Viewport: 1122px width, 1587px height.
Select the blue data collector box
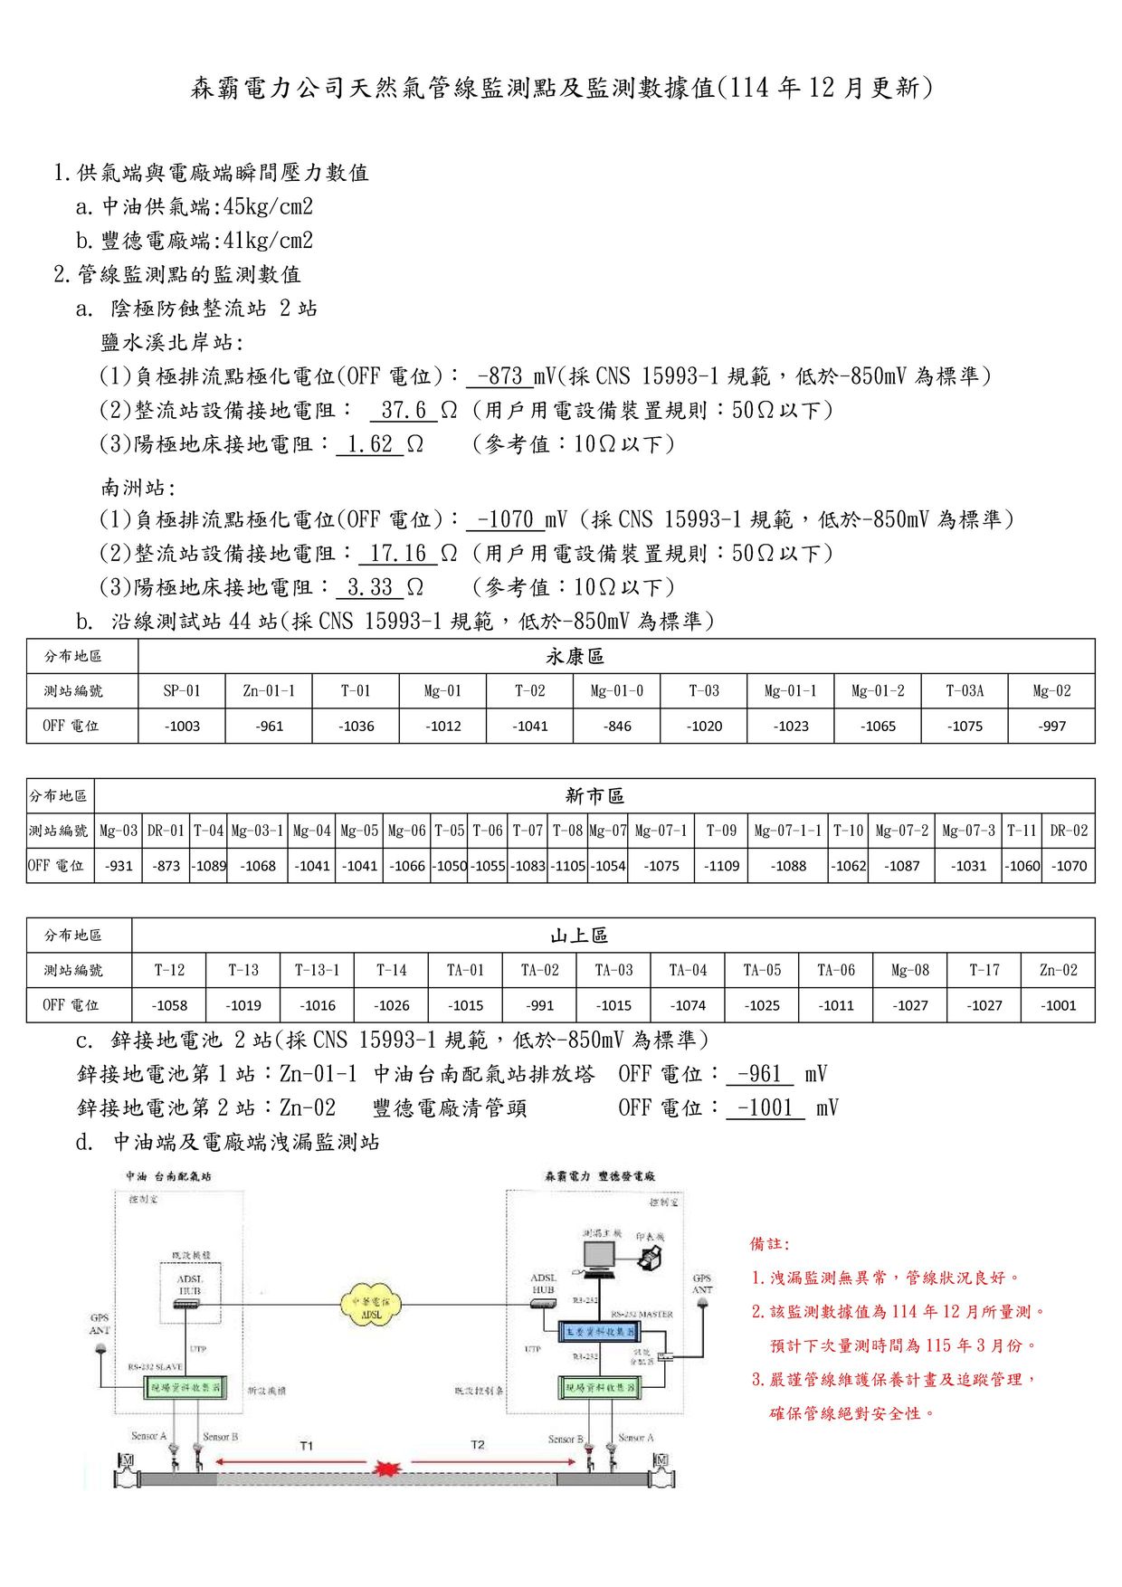(600, 1332)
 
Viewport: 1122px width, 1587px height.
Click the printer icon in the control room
(650, 1257)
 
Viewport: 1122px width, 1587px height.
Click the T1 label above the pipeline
(307, 1446)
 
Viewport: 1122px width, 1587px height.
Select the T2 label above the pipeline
(478, 1445)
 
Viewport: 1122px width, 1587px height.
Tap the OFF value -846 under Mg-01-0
(617, 726)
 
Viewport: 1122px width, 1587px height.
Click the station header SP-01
(182, 691)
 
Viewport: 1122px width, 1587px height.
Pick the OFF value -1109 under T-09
(722, 866)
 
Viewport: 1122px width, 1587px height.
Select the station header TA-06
(836, 970)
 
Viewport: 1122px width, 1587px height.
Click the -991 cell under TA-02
(539, 1005)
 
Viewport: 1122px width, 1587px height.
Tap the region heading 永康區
(575, 657)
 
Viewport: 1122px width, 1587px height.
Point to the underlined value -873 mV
(499, 376)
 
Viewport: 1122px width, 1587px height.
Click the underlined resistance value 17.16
(398, 553)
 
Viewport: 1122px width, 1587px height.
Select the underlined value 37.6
(404, 410)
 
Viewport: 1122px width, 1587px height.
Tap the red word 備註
(769, 1244)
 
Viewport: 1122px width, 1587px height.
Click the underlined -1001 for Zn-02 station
(765, 1108)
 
